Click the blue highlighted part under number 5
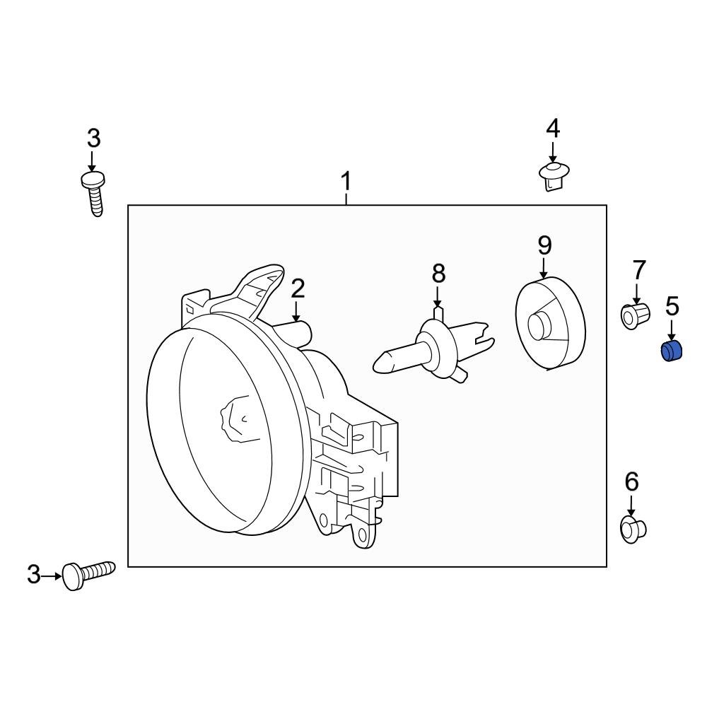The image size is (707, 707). click(x=670, y=351)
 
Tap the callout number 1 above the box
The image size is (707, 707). click(x=346, y=182)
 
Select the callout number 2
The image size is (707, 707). click(x=297, y=288)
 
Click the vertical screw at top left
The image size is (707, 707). click(x=94, y=192)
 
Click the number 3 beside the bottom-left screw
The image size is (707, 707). click(x=34, y=575)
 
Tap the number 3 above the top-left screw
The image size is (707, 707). click(x=94, y=139)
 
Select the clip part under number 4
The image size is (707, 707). click(x=553, y=175)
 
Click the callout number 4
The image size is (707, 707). click(x=553, y=129)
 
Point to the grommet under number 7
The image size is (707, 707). click(x=635, y=315)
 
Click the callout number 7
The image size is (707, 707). click(x=638, y=270)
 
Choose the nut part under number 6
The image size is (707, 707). click(x=631, y=528)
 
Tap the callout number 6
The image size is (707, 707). click(x=631, y=482)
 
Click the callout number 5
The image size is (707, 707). click(x=672, y=306)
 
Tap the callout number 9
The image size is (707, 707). click(x=544, y=245)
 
